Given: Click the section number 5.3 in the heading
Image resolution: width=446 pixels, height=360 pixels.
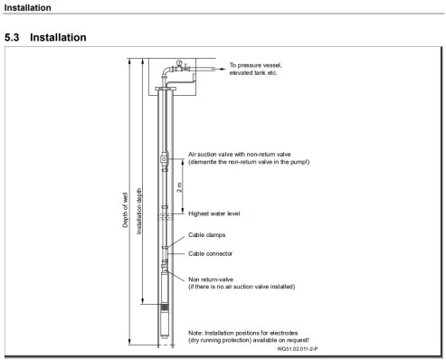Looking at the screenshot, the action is pyautogui.click(x=12, y=37).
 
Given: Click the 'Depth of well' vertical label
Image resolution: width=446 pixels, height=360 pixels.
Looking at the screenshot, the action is pyautogui.click(x=125, y=210).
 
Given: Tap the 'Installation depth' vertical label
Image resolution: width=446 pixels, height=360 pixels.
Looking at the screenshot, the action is pyautogui.click(x=138, y=212).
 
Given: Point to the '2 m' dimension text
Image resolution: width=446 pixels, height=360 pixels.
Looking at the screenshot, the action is pyautogui.click(x=179, y=187).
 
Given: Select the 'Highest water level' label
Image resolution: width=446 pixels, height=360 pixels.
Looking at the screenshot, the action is pyautogui.click(x=214, y=213).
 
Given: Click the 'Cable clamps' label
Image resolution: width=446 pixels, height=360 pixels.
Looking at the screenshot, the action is pyautogui.click(x=207, y=235).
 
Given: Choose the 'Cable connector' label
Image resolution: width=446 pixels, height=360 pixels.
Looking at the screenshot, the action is pyautogui.click(x=211, y=254).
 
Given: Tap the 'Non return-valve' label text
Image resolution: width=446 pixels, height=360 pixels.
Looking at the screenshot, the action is pyautogui.click(x=211, y=279).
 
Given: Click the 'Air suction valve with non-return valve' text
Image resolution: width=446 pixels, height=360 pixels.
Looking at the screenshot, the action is pyautogui.click(x=240, y=155).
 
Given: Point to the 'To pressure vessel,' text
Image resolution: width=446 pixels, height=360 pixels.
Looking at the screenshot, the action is pyautogui.click(x=255, y=65).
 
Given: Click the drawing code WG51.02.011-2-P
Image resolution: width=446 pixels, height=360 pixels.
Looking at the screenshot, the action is pyautogui.click(x=298, y=349).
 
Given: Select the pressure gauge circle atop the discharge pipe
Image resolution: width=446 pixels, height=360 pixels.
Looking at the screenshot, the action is pyautogui.click(x=179, y=62).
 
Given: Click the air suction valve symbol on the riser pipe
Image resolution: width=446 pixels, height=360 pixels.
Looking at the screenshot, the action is pyautogui.click(x=164, y=158).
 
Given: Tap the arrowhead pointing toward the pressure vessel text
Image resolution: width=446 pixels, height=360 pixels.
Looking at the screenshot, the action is pyautogui.click(x=223, y=69).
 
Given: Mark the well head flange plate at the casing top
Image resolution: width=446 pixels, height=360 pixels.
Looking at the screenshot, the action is pyautogui.click(x=166, y=89).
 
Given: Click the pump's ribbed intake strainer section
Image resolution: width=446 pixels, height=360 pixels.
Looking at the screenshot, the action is pyautogui.click(x=165, y=308).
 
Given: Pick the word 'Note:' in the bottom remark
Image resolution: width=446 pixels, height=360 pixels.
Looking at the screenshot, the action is pyautogui.click(x=195, y=333).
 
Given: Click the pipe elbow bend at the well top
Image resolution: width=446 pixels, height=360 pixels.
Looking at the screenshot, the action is pyautogui.click(x=166, y=71).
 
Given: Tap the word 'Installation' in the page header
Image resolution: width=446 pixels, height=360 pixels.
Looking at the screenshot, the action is pyautogui.click(x=28, y=8).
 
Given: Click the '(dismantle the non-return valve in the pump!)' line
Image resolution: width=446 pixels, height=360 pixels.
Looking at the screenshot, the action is pyautogui.click(x=249, y=162).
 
